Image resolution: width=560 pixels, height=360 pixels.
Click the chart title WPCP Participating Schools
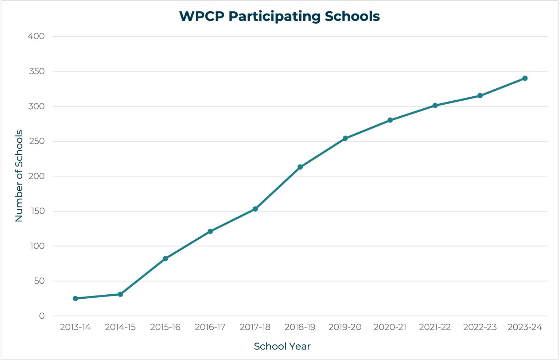(279, 16)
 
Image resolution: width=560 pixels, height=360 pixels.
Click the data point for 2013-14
(75, 298)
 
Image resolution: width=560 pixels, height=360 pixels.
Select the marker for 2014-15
(120, 294)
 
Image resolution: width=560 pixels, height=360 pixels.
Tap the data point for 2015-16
(165, 259)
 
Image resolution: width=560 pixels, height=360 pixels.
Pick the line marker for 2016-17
(210, 231)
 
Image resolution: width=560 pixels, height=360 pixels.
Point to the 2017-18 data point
(255, 209)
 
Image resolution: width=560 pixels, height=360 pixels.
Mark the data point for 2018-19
(300, 167)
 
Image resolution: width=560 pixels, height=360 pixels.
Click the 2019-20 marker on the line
(345, 138)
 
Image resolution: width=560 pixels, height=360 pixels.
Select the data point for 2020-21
(390, 120)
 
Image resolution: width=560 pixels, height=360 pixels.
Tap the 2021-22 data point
(435, 105)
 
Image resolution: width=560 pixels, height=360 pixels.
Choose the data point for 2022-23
(480, 96)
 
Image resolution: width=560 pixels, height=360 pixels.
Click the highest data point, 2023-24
(525, 78)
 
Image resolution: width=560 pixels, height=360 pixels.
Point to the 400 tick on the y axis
(36, 36)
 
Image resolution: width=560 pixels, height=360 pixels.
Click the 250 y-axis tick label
(36, 141)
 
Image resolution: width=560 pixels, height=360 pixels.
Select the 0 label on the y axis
(42, 316)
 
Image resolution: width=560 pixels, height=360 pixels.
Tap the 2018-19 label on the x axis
(300, 327)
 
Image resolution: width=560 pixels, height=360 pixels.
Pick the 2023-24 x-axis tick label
(525, 327)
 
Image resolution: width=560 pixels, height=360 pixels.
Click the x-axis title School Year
(282, 346)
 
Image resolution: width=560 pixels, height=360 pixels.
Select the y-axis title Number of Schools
(19, 176)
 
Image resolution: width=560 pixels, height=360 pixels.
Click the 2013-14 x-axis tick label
(75, 327)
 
